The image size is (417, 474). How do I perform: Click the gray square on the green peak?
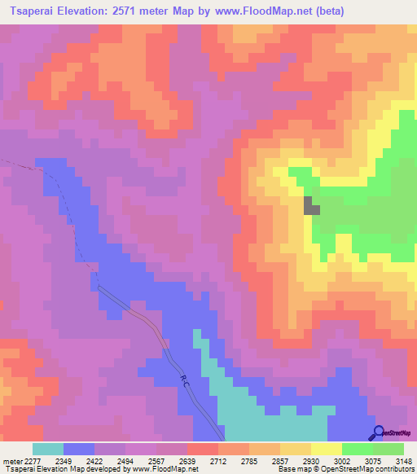coord(312,205)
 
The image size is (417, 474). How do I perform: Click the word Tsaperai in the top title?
coord(34,11)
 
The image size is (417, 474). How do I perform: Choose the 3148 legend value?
coord(401,460)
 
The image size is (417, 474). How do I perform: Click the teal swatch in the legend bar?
coord(48,449)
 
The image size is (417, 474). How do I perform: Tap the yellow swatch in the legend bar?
coord(326,449)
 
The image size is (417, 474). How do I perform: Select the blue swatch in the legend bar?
coord(79,449)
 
